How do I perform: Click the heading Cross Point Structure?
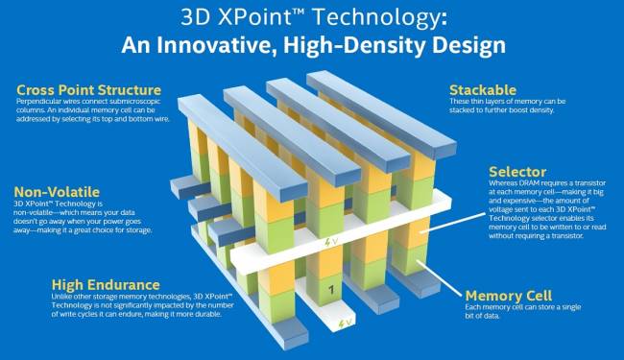(79, 90)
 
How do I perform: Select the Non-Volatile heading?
(54, 191)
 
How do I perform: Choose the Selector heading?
(517, 171)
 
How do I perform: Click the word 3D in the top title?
(188, 18)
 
